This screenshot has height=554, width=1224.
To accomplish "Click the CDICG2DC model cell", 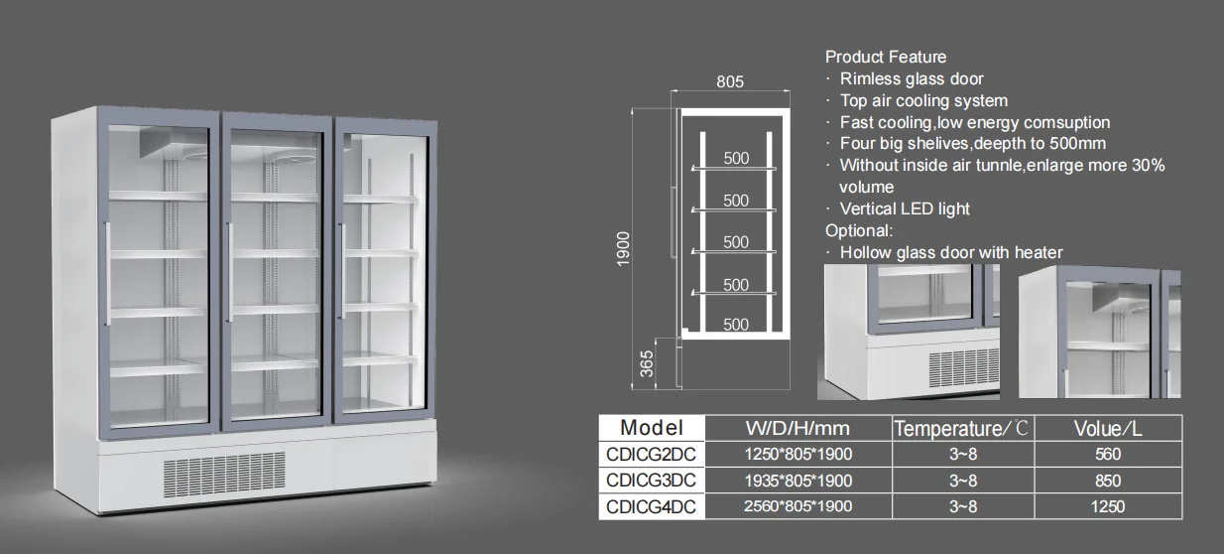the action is point(651,454).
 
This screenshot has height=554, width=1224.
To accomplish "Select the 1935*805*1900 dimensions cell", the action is point(797,481).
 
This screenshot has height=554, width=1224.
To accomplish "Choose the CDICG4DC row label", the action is point(651,506).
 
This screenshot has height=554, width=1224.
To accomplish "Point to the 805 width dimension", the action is point(729,82).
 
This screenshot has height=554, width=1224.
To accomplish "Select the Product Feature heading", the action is point(886,57).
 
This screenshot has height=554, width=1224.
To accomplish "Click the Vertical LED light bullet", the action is point(905,208).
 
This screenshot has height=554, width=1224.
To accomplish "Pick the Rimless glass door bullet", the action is point(912,78).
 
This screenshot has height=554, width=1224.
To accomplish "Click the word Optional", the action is point(859,230).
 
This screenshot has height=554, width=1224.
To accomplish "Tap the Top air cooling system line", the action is point(923,100).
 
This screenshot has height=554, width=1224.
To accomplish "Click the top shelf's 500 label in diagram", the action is point(736,158).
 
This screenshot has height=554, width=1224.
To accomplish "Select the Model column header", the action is point(651,428).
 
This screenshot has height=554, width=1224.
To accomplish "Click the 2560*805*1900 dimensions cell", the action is point(797,506).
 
